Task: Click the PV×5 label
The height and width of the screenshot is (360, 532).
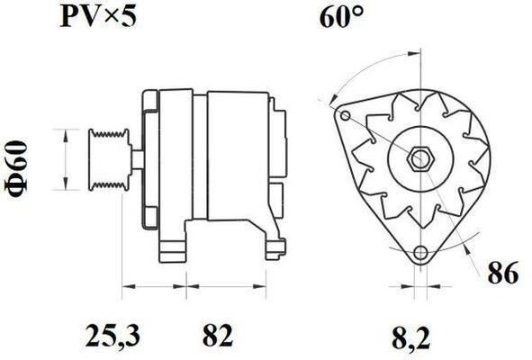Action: click(98, 16)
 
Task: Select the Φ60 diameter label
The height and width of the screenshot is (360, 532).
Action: click(16, 168)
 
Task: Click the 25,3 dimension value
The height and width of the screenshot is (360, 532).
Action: click(113, 336)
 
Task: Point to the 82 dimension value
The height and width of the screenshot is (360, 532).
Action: click(218, 335)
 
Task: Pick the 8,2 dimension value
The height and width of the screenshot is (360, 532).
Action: click(410, 337)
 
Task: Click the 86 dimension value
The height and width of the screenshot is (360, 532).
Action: click(503, 272)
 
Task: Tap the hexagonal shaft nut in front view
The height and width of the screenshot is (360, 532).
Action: click(420, 159)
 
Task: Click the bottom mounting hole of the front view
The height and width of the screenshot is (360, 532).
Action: click(420, 252)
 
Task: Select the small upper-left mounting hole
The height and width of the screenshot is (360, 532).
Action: click(346, 116)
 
